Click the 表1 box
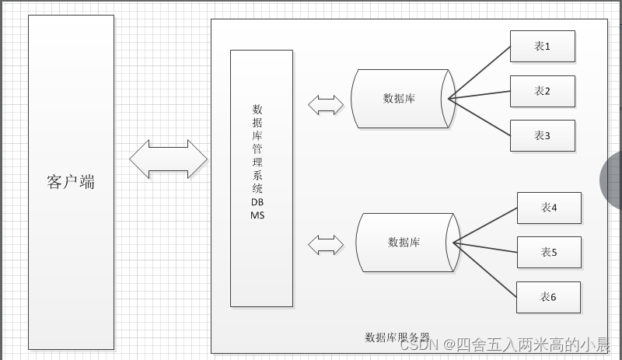pos(542,47)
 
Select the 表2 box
pos(542,91)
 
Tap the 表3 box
pos(542,135)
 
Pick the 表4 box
pos(549,208)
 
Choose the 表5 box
pos(549,252)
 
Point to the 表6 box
pos(549,296)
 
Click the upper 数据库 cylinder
pos(399,99)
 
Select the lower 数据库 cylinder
pos(404,243)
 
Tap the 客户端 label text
pos(71,182)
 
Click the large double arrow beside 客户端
pos(168,159)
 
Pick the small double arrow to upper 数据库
pos(326,104)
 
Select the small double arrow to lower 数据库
pos(326,245)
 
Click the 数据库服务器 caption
pos(397,337)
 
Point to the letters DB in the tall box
pos(257,201)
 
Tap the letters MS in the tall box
pos(257,215)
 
